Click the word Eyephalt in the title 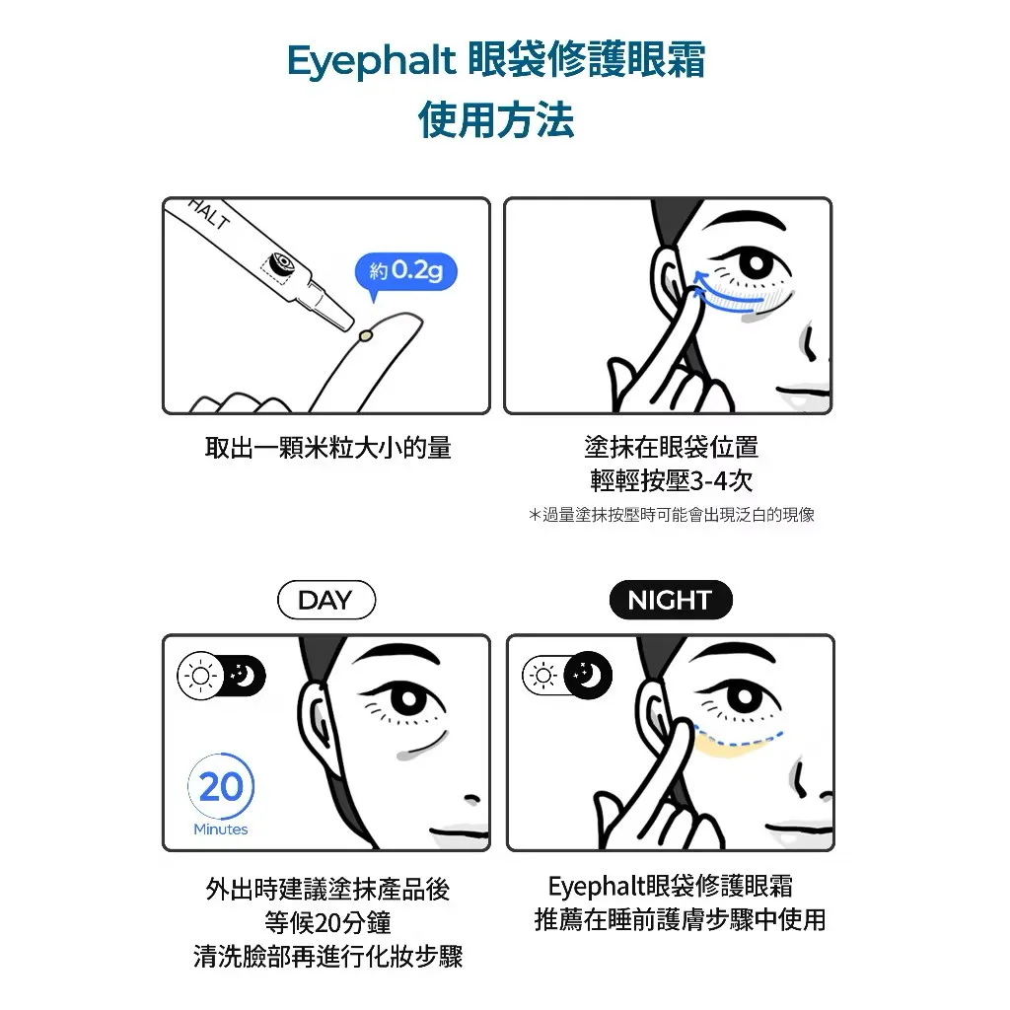point(371,61)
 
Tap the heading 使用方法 point(496,119)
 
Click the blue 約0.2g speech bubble point(405,272)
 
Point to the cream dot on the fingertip point(367,335)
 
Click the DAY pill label point(325,600)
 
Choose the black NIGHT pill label point(671,600)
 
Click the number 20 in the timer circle point(221,786)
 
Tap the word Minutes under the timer point(221,829)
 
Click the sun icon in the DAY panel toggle point(200,676)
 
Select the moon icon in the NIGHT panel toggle point(587,675)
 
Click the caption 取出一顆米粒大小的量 point(327,447)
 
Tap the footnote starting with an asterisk point(671,515)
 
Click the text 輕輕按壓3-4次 point(671,480)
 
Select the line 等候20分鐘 point(327,922)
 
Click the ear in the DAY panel point(317,714)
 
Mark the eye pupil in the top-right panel point(757,264)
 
